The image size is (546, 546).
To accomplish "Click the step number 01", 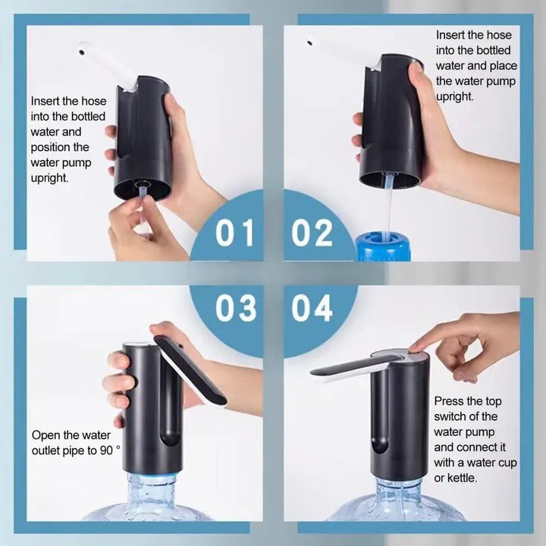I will [234, 233].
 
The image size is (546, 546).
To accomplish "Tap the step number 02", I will [312, 233].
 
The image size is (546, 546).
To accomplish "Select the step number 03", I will [234, 309].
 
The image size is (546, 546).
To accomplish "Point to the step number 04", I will [312, 309].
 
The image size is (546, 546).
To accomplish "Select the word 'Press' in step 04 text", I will [450, 400].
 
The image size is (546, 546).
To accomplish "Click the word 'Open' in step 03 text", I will [46, 435].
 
